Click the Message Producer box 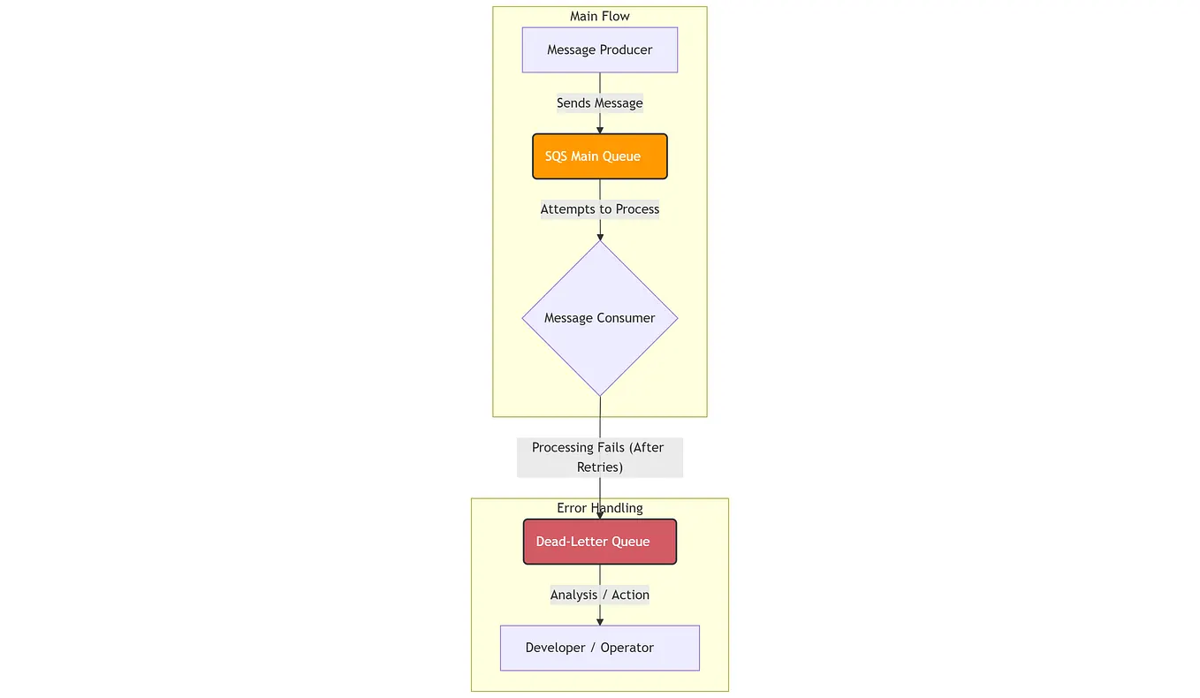click(x=599, y=49)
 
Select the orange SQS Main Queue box click(x=599, y=156)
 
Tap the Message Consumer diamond click(x=599, y=318)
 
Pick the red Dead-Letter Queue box click(x=599, y=542)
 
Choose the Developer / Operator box click(x=599, y=648)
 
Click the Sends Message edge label click(x=599, y=103)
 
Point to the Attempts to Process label click(x=599, y=209)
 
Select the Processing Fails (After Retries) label click(x=599, y=457)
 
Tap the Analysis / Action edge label click(x=599, y=595)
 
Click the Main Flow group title click(x=599, y=16)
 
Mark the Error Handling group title click(x=599, y=508)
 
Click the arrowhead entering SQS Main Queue click(x=600, y=130)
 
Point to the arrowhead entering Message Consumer click(x=600, y=236)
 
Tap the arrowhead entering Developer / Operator click(x=600, y=621)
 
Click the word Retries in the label click(x=599, y=467)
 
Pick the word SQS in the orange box click(x=556, y=156)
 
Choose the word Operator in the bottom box click(x=627, y=648)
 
